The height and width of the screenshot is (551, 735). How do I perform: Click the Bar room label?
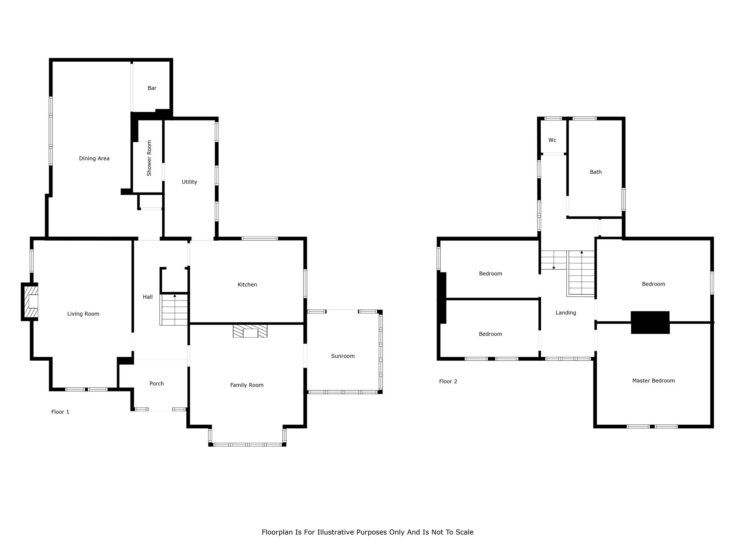pos(152,88)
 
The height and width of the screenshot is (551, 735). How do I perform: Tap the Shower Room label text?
pos(149,158)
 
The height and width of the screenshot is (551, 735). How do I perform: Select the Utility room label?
pos(189,182)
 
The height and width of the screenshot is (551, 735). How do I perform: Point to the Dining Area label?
pos(94,158)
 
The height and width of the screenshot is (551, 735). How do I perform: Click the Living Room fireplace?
pos(30,302)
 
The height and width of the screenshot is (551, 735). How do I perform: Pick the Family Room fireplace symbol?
pos(250,331)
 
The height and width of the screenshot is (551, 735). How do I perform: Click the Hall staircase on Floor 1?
pos(174,309)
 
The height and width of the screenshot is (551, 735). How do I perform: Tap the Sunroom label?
pos(343,356)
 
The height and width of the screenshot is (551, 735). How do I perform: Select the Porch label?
pos(157,383)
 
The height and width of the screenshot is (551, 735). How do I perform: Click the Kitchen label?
pos(247,285)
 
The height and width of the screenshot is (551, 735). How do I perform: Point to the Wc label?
pos(552,140)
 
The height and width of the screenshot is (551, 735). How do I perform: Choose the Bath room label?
pos(596,172)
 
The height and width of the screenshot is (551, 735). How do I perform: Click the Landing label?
pos(566,313)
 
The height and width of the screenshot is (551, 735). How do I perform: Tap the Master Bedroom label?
pos(653,381)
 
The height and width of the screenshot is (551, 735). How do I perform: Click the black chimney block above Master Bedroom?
pos(650,323)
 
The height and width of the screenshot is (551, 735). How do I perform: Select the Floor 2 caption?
pos(448,381)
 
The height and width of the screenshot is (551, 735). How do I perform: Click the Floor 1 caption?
pos(60,412)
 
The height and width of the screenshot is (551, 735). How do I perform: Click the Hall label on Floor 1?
pos(148,297)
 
